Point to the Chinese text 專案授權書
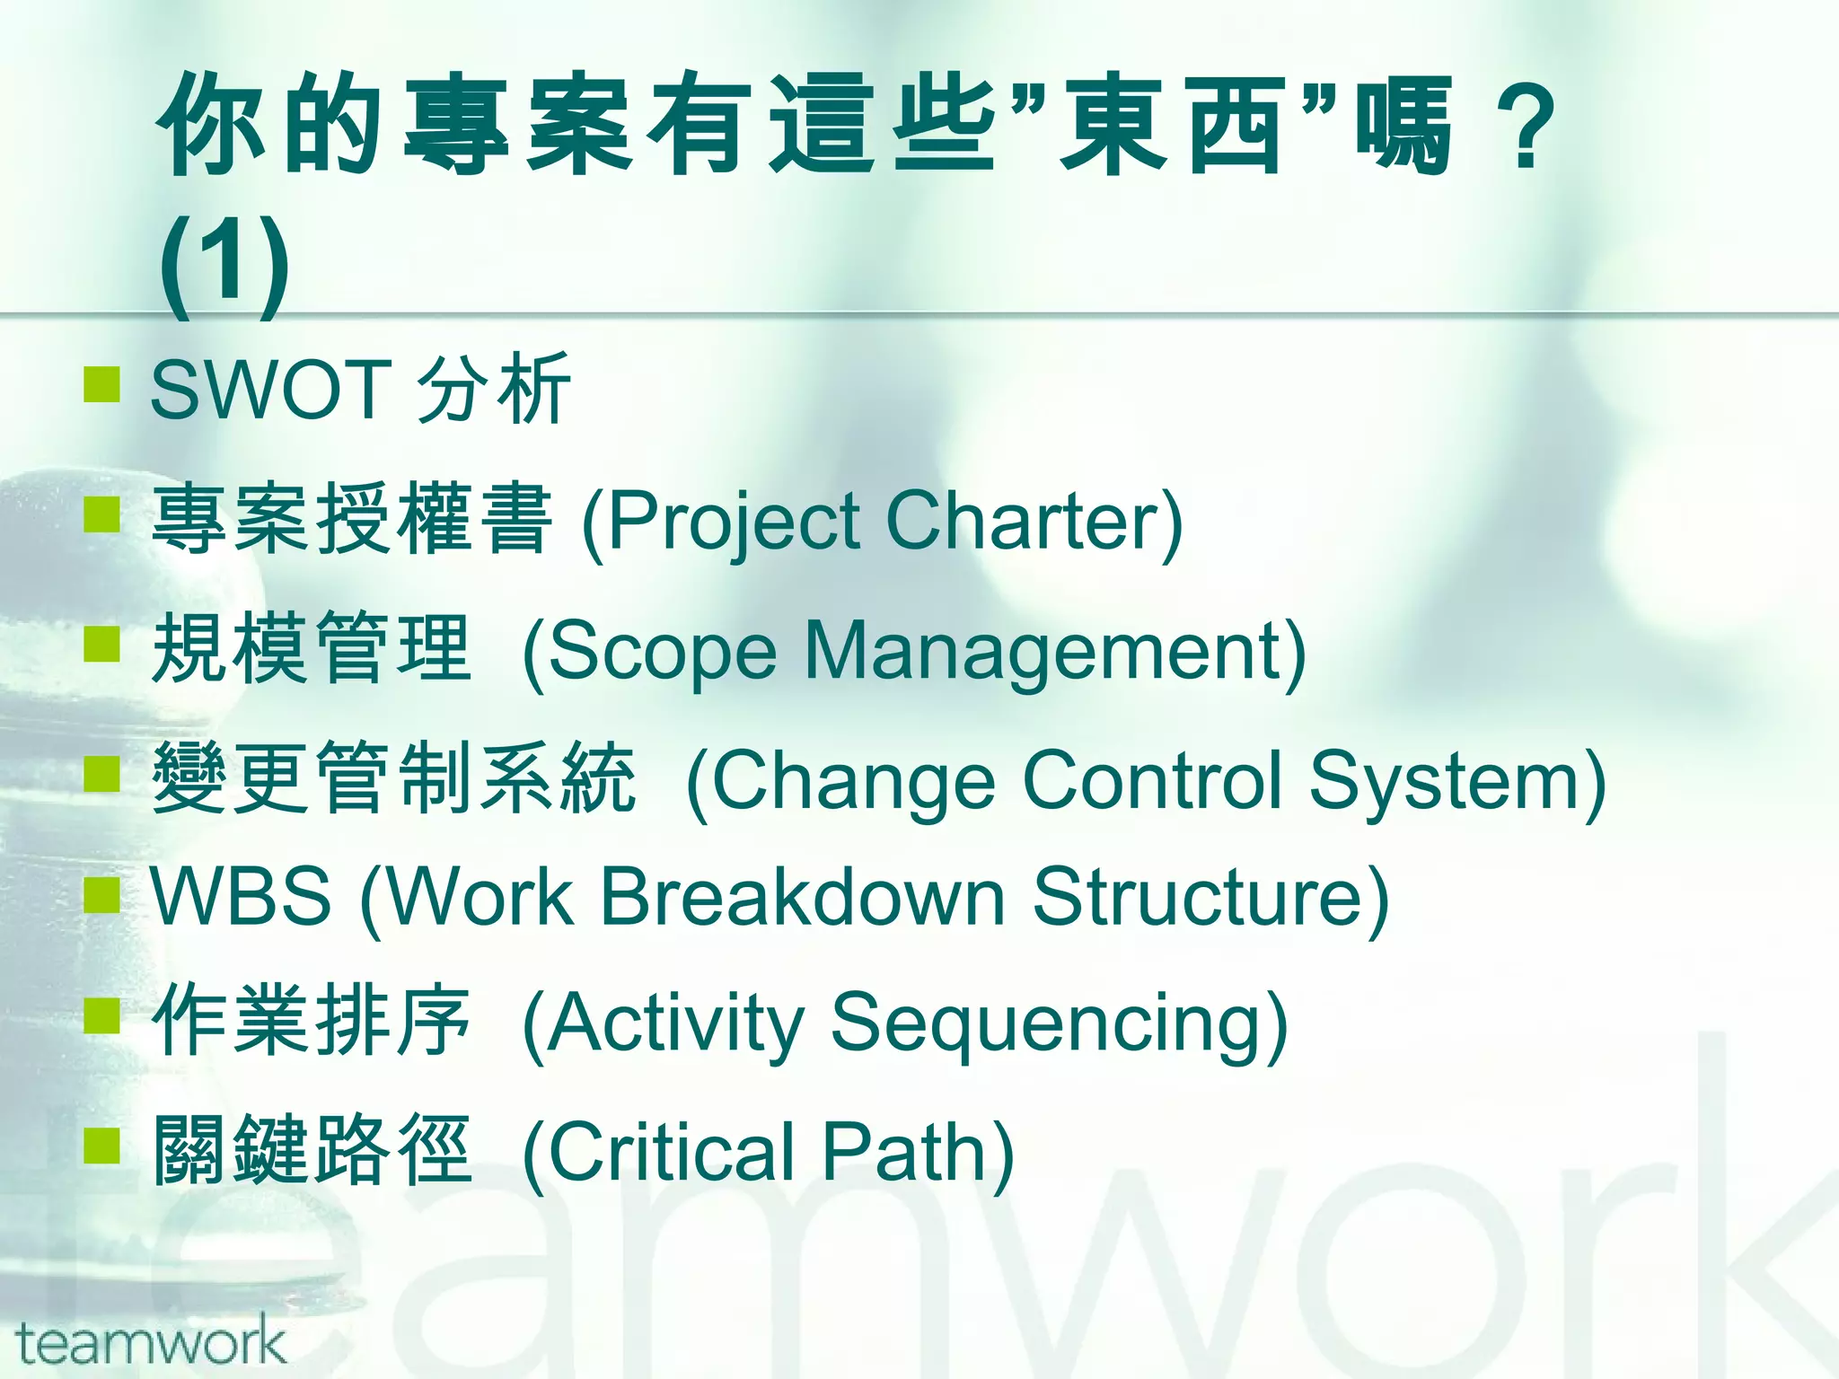tap(351, 519)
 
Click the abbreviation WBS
tap(241, 896)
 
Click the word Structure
tap(1199, 896)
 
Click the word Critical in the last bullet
tap(670, 1153)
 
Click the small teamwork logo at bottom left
tap(151, 1343)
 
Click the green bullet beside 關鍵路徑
tap(101, 1146)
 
